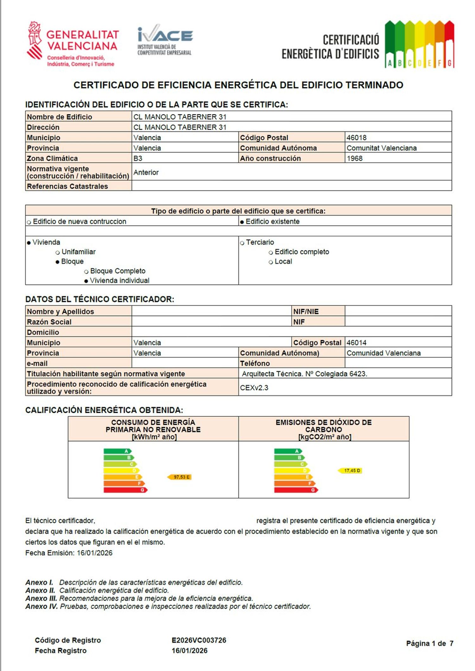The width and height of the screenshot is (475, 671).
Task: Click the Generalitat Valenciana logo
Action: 72,44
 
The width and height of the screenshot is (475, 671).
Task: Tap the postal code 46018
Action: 357,138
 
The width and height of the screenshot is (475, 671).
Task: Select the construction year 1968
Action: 355,158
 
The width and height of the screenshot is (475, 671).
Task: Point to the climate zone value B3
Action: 138,158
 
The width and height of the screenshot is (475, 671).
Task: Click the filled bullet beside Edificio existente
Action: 242,222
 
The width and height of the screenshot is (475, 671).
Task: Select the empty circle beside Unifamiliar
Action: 58,253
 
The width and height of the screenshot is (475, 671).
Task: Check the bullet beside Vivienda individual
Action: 86,281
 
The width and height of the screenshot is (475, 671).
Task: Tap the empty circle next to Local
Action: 271,262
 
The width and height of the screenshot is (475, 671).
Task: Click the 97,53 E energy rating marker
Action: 180,477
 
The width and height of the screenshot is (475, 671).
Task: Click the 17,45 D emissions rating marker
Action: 350,471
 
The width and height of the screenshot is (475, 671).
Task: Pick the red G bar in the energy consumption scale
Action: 125,490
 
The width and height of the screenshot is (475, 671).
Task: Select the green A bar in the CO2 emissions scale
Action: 288,451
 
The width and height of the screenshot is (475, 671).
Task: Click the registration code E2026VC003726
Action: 199,640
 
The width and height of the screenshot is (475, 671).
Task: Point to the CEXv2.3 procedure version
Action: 254,388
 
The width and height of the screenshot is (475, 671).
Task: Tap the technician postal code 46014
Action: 357,343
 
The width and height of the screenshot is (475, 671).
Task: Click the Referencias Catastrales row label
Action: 67,186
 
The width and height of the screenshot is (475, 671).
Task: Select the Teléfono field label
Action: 255,364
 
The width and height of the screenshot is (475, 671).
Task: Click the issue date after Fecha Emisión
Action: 95,553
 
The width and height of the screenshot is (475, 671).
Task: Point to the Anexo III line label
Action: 41,598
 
